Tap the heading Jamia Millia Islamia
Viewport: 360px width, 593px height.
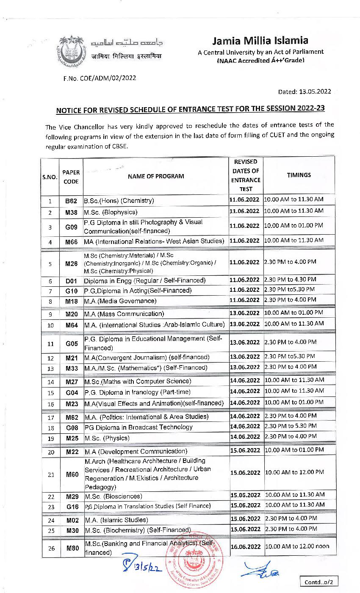pos(260,41)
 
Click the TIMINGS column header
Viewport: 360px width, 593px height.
pos(299,175)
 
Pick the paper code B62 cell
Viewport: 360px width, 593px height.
pos(71,201)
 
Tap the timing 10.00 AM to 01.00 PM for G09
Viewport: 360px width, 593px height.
pos(294,226)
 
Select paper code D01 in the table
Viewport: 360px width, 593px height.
pos(71,280)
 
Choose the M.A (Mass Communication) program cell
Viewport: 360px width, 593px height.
pos(124,314)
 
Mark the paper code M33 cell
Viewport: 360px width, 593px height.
pos(71,368)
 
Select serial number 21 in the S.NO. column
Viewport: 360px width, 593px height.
pos(51,475)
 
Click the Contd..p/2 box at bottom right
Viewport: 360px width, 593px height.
pos(318,582)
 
